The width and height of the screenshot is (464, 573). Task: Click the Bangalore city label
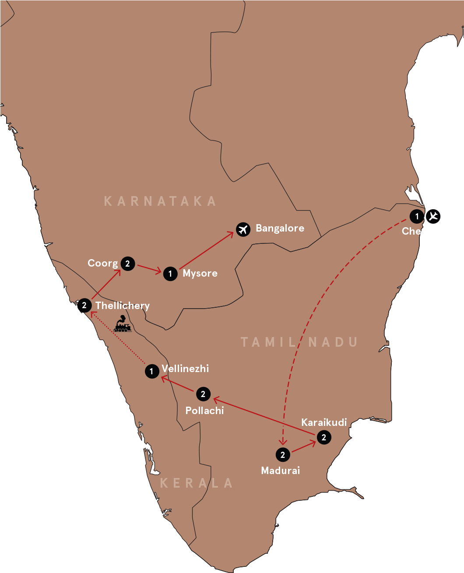(x=280, y=228)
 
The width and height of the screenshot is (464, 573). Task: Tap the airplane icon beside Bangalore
(x=243, y=229)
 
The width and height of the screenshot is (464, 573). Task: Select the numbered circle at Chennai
(x=417, y=216)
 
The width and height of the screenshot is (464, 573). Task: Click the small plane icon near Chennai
(x=433, y=216)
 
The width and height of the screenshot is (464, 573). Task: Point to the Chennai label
(x=422, y=231)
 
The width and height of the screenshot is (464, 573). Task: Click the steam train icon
(x=122, y=324)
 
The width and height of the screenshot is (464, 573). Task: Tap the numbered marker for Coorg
(x=127, y=264)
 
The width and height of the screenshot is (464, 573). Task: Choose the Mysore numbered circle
(x=170, y=274)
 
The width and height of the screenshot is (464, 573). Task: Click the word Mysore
(x=200, y=274)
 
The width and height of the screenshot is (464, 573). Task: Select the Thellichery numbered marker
(x=84, y=305)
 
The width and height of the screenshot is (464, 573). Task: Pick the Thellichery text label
(x=123, y=306)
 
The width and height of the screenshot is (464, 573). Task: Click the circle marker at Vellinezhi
(x=151, y=372)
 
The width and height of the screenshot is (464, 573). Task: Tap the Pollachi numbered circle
(x=203, y=394)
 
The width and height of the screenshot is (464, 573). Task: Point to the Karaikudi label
(x=324, y=422)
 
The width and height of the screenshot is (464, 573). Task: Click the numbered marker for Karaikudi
(x=323, y=437)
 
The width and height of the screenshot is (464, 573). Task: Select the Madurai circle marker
(x=282, y=455)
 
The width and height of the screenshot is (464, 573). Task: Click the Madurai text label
(x=280, y=471)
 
